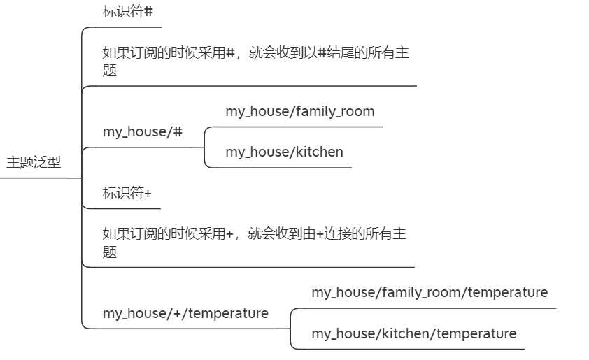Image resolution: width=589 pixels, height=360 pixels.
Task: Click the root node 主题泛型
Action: pos(34,163)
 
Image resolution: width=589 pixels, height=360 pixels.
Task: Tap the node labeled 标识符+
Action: pos(127,194)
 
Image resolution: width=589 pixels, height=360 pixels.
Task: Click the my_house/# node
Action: pos(142,131)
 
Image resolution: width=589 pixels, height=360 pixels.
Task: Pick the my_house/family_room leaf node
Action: pos(299,111)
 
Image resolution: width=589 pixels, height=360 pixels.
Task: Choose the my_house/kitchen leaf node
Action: pos(284,152)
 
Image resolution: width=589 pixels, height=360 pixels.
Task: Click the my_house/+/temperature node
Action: pos(185,313)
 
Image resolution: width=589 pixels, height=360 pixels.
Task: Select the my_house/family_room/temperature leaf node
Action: pos(430,292)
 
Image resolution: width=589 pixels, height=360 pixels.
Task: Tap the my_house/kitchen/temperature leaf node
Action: pos(413,333)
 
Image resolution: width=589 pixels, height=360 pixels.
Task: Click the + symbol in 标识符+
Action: pos(147,194)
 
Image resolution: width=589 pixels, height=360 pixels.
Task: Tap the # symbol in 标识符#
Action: pos(148,12)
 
